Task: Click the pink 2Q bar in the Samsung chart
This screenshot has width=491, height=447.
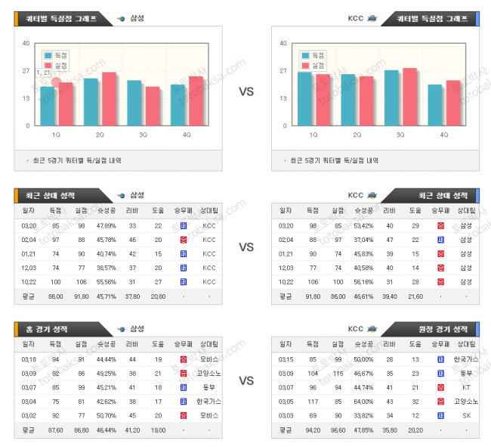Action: [109, 99]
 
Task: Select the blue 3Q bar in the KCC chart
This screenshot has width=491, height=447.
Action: [391, 98]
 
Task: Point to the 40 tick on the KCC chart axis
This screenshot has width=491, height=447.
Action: [283, 43]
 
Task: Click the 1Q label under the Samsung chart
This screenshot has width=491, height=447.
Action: [57, 135]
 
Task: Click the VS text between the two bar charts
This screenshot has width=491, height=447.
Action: [246, 92]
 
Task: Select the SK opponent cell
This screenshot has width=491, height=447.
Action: [465, 415]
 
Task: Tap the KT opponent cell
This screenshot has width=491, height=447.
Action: [465, 387]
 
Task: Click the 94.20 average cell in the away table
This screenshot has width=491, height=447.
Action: [312, 430]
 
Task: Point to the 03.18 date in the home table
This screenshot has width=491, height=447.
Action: [29, 359]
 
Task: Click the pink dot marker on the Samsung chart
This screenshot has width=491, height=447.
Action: [55, 82]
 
